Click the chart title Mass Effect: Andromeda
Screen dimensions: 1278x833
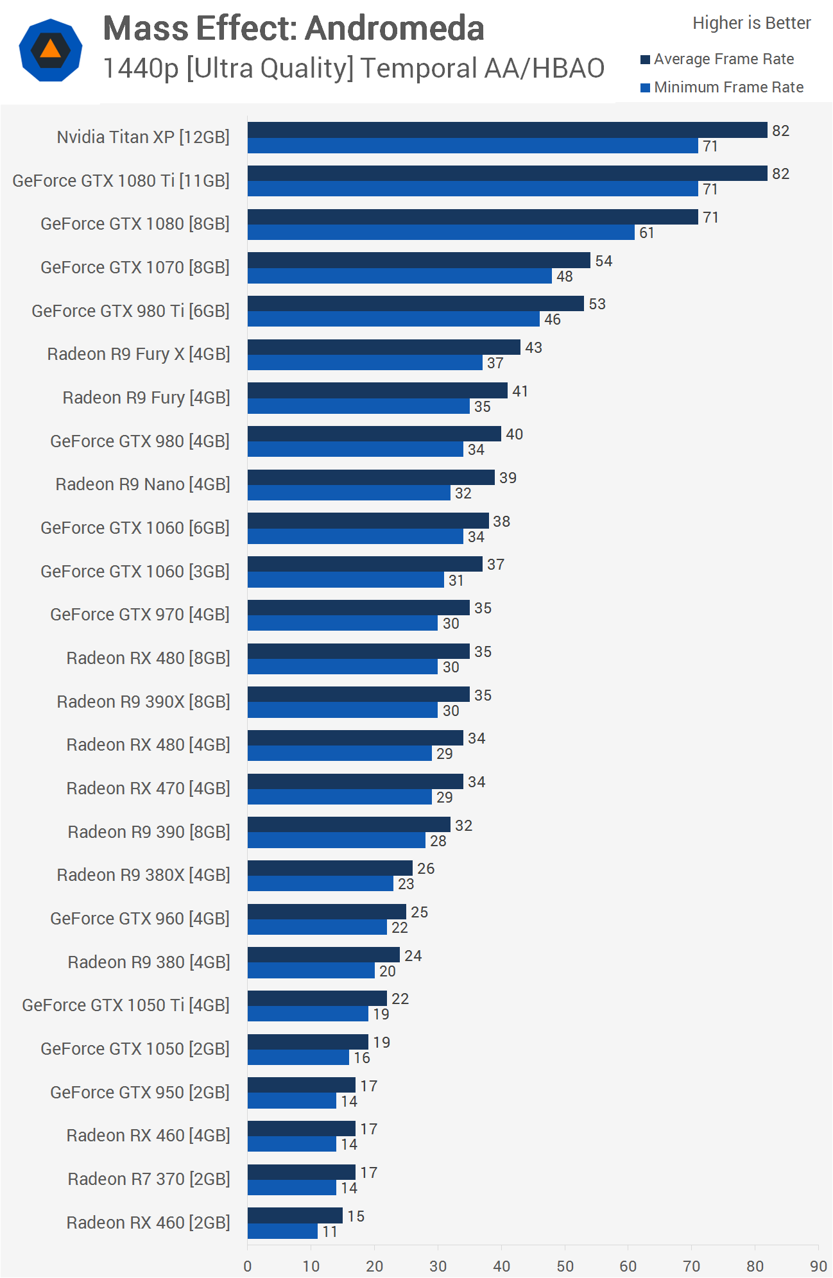tap(293, 29)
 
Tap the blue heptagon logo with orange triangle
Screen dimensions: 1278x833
tap(51, 50)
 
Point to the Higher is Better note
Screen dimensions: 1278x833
tap(751, 23)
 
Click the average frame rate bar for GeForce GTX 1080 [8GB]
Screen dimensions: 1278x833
tap(472, 217)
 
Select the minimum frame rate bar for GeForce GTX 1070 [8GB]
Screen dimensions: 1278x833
tap(399, 276)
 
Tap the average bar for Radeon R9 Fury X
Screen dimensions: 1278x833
tap(384, 347)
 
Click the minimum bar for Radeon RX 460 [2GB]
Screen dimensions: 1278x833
tap(282, 1231)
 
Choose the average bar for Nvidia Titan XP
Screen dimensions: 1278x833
tap(507, 130)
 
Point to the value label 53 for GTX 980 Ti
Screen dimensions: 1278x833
tap(597, 304)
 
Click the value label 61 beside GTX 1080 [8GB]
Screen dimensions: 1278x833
tap(646, 233)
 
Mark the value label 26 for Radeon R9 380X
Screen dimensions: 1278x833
tap(425, 869)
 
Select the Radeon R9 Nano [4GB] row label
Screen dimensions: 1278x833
tap(142, 484)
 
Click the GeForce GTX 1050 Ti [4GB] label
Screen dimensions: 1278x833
tap(126, 1005)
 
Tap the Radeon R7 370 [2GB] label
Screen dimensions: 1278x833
tap(148, 1179)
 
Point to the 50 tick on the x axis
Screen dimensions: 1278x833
tap(565, 1266)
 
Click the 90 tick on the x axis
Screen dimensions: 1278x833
tap(818, 1266)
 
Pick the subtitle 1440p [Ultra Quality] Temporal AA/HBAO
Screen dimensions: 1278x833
tap(354, 69)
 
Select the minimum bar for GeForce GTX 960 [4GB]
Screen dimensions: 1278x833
tap(317, 927)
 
